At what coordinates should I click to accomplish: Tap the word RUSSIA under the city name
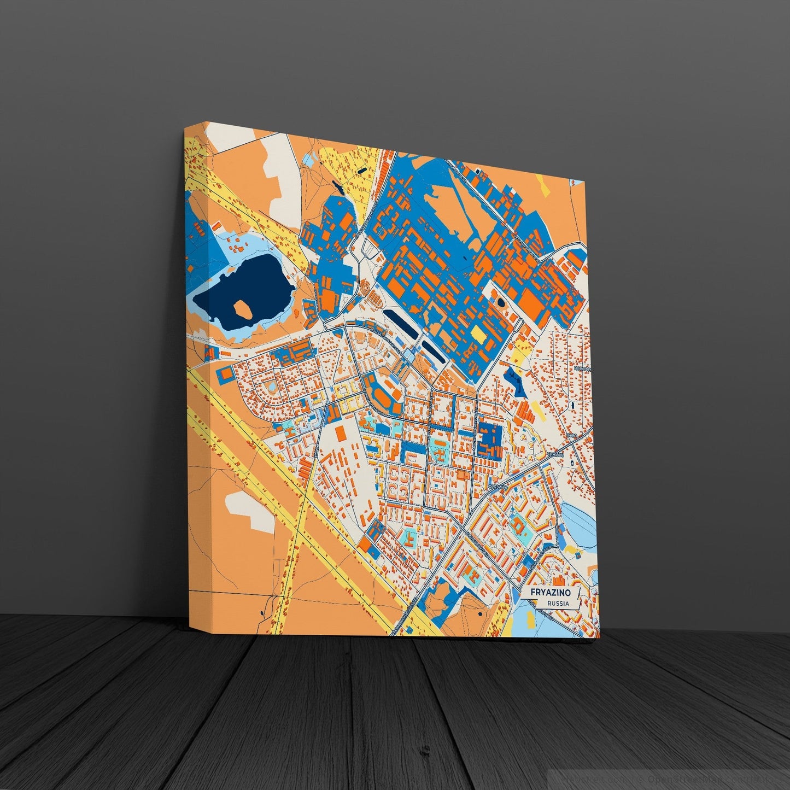pyautogui.click(x=557, y=604)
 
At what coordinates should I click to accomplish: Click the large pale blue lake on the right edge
pyautogui.click(x=577, y=519)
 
